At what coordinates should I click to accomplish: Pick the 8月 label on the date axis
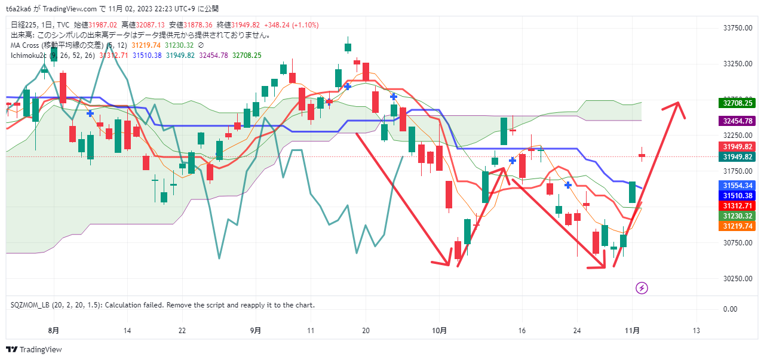(54, 330)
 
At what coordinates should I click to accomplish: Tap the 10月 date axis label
(440, 330)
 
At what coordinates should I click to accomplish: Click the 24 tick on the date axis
(577, 330)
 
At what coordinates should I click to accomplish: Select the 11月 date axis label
(633, 330)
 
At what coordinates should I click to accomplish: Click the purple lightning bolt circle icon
(642, 288)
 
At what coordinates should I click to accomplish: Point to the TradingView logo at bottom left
(34, 349)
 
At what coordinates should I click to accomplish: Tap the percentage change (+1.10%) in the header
(305, 25)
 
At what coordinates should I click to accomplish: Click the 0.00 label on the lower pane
(730, 309)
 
